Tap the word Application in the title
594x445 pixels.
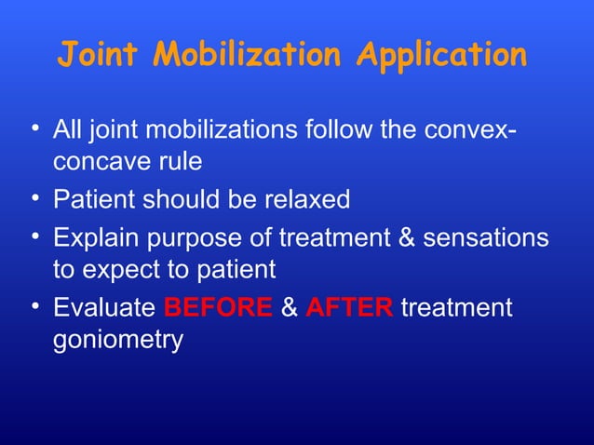point(443,55)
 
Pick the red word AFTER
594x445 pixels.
point(349,308)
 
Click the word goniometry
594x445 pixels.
point(118,341)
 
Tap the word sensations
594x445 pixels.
point(486,237)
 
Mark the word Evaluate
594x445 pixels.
point(105,308)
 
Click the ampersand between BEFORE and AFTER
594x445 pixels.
point(289,308)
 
